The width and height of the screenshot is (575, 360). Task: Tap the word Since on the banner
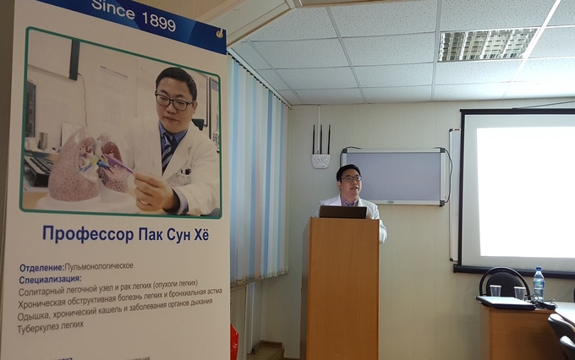click(x=113, y=9)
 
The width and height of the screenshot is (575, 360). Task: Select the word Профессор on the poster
click(x=88, y=234)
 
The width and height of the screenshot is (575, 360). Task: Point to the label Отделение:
click(x=41, y=268)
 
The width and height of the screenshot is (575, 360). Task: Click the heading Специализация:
click(x=50, y=280)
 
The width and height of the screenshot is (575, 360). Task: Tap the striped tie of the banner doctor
click(x=168, y=150)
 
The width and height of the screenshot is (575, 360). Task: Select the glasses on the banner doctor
click(x=174, y=102)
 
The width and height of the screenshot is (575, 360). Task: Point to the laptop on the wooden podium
click(x=342, y=212)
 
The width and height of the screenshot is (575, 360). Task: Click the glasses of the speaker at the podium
click(x=351, y=178)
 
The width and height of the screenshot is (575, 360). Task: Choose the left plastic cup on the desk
click(x=495, y=291)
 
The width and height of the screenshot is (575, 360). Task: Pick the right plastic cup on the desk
click(x=520, y=293)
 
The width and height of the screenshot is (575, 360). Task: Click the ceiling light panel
click(x=487, y=44)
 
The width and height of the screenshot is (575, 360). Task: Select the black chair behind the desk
click(x=505, y=281)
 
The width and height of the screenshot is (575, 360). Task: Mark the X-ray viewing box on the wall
click(x=394, y=176)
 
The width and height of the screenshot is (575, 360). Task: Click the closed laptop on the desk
click(x=505, y=303)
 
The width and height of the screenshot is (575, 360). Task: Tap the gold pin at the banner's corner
click(x=220, y=34)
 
